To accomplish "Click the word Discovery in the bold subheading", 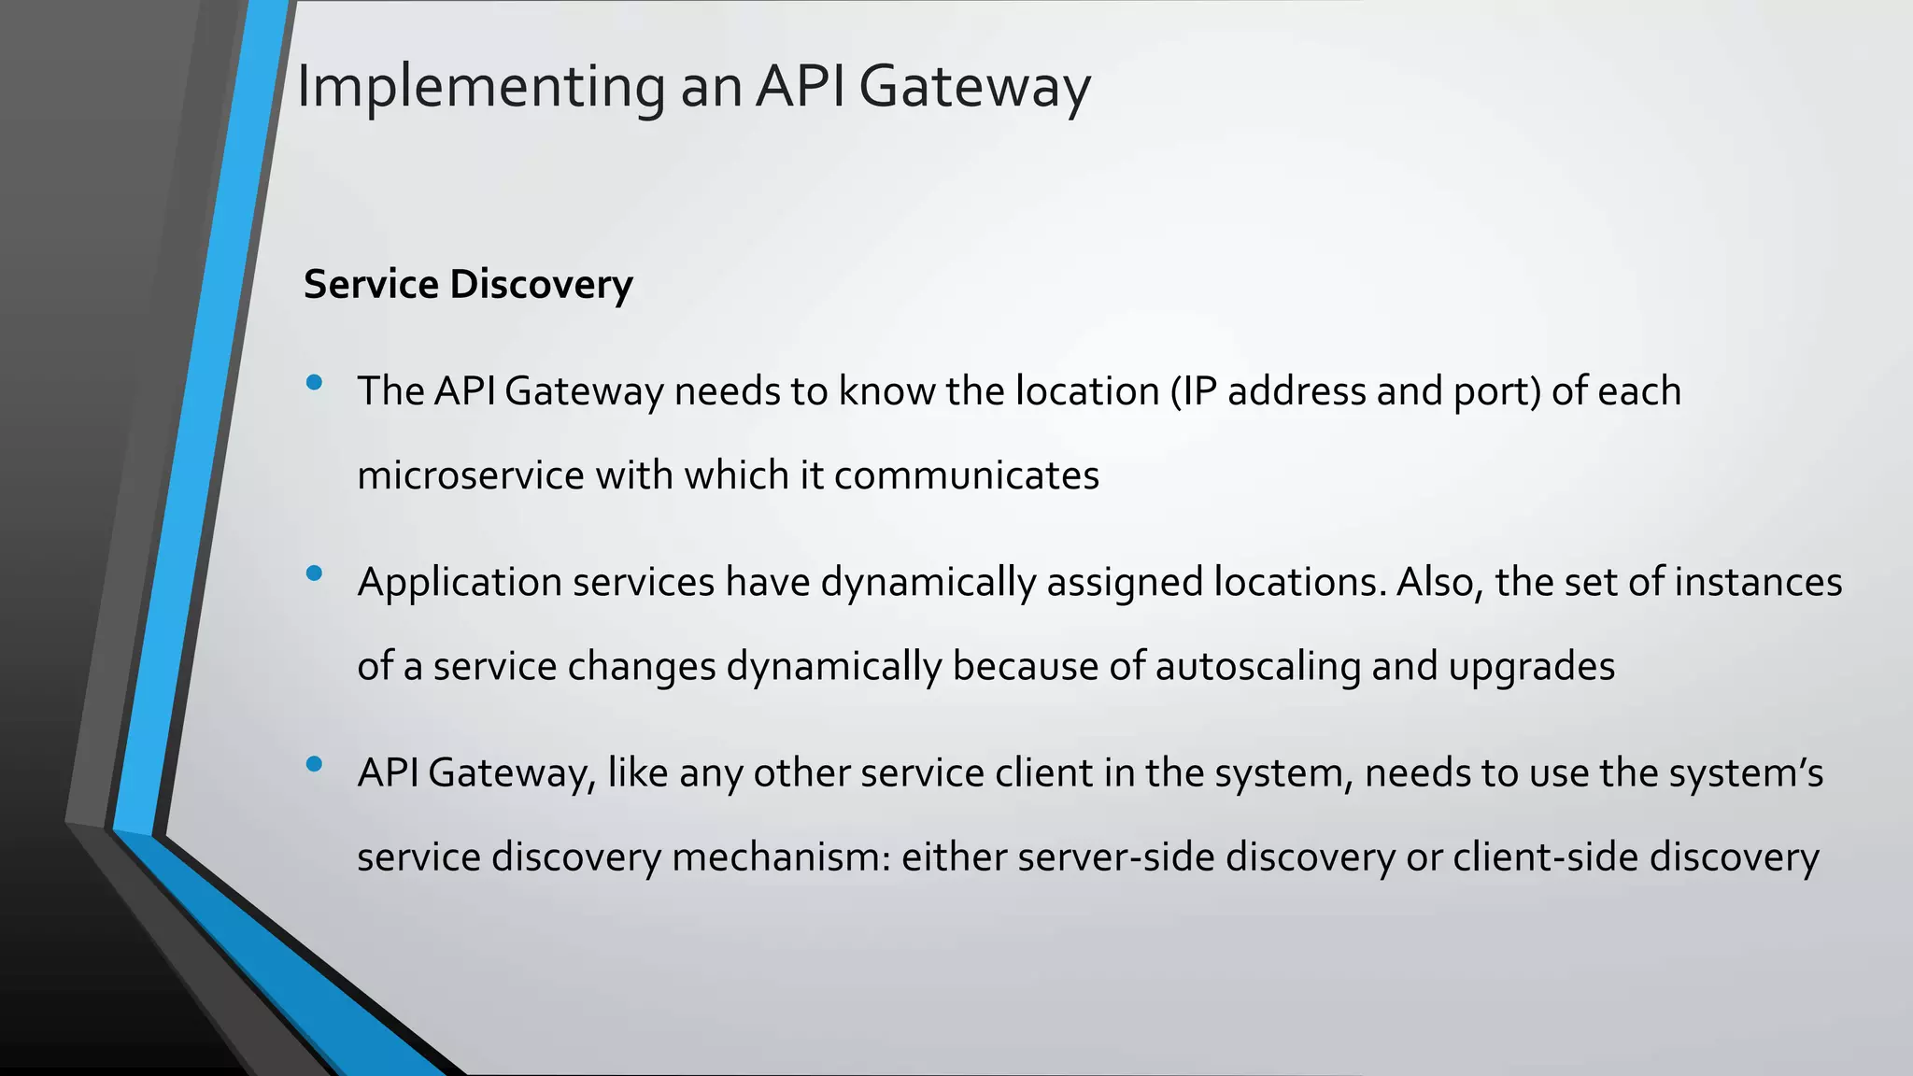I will click(541, 285).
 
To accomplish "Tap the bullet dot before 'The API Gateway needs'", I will click(314, 382).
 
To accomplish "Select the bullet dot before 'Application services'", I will click(314, 573).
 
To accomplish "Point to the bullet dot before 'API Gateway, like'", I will click(314, 764).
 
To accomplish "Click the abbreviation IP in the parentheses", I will click(1199, 391).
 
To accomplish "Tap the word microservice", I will click(471, 475).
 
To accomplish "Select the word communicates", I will click(966, 475).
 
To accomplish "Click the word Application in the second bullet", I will click(460, 582).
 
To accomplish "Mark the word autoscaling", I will click(1257, 667).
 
